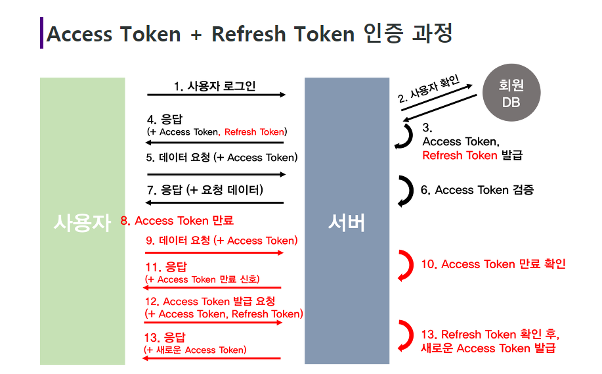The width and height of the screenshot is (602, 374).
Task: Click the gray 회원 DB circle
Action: [x=510, y=93]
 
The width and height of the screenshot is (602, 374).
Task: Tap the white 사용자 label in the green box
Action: [x=83, y=223]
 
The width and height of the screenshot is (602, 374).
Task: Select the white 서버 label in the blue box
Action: [x=347, y=223]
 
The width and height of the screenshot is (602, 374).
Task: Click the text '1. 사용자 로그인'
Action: [x=215, y=85]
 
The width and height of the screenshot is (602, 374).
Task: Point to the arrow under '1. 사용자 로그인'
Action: [x=217, y=95]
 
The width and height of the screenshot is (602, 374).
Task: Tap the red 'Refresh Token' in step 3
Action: [x=460, y=155]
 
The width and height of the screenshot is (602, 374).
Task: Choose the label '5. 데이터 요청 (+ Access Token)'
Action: [x=222, y=158]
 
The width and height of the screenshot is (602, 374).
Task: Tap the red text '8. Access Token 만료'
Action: [x=177, y=221]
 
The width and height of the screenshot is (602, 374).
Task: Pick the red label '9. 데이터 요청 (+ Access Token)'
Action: [x=222, y=241]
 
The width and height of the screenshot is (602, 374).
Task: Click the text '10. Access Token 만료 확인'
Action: [x=493, y=264]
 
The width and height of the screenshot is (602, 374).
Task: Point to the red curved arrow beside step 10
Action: [x=404, y=266]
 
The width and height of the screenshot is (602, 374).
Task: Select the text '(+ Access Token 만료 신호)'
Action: [x=202, y=279]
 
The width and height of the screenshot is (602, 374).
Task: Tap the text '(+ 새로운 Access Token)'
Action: [x=195, y=350]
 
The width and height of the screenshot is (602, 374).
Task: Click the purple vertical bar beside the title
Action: [x=41, y=32]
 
